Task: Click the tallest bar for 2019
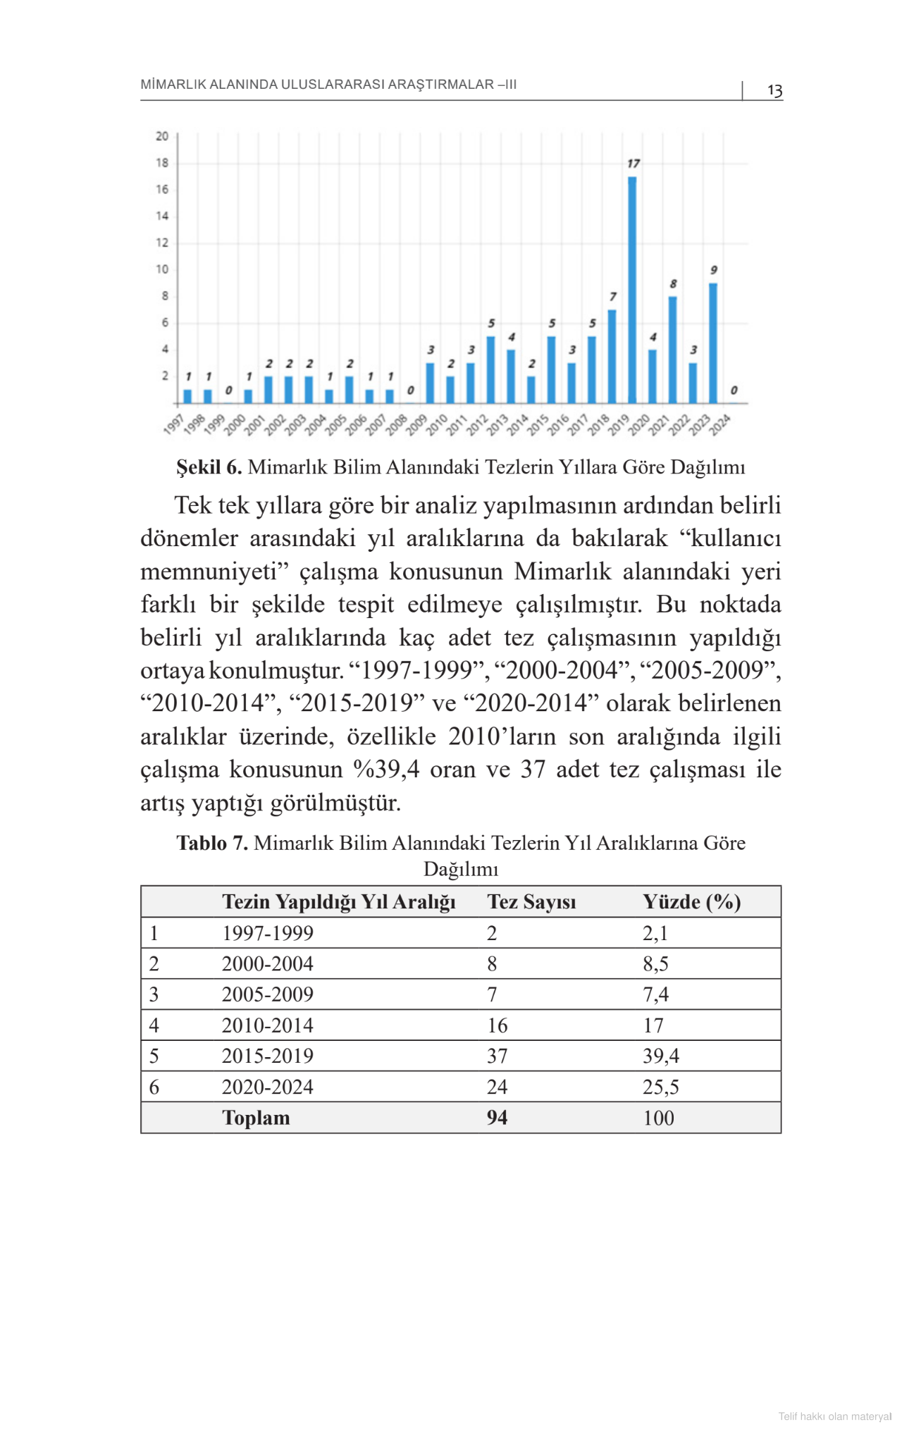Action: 632,290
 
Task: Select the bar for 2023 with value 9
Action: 713,343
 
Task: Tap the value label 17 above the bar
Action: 634,164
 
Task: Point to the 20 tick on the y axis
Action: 162,136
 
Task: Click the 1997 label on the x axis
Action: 173,425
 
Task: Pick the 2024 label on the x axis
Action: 720,425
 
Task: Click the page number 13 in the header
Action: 774,91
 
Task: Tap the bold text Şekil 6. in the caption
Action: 209,467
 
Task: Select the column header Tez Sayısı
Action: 531,902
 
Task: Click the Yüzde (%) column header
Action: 691,902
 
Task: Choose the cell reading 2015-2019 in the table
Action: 268,1056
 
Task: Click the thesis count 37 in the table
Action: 497,1056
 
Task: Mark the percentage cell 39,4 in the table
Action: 661,1056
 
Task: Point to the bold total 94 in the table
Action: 497,1118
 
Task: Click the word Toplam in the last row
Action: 256,1118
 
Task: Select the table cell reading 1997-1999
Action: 268,933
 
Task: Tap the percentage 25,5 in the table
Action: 661,1087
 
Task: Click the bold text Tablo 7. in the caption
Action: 212,844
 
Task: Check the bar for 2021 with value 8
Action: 673,350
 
